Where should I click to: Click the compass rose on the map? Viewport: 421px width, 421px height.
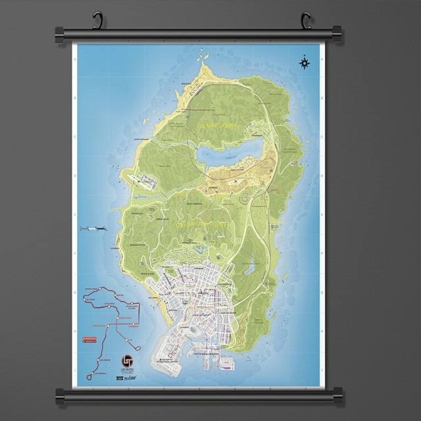pyautogui.click(x=304, y=63)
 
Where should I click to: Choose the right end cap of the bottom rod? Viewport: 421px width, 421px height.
pyautogui.click(x=337, y=393)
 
